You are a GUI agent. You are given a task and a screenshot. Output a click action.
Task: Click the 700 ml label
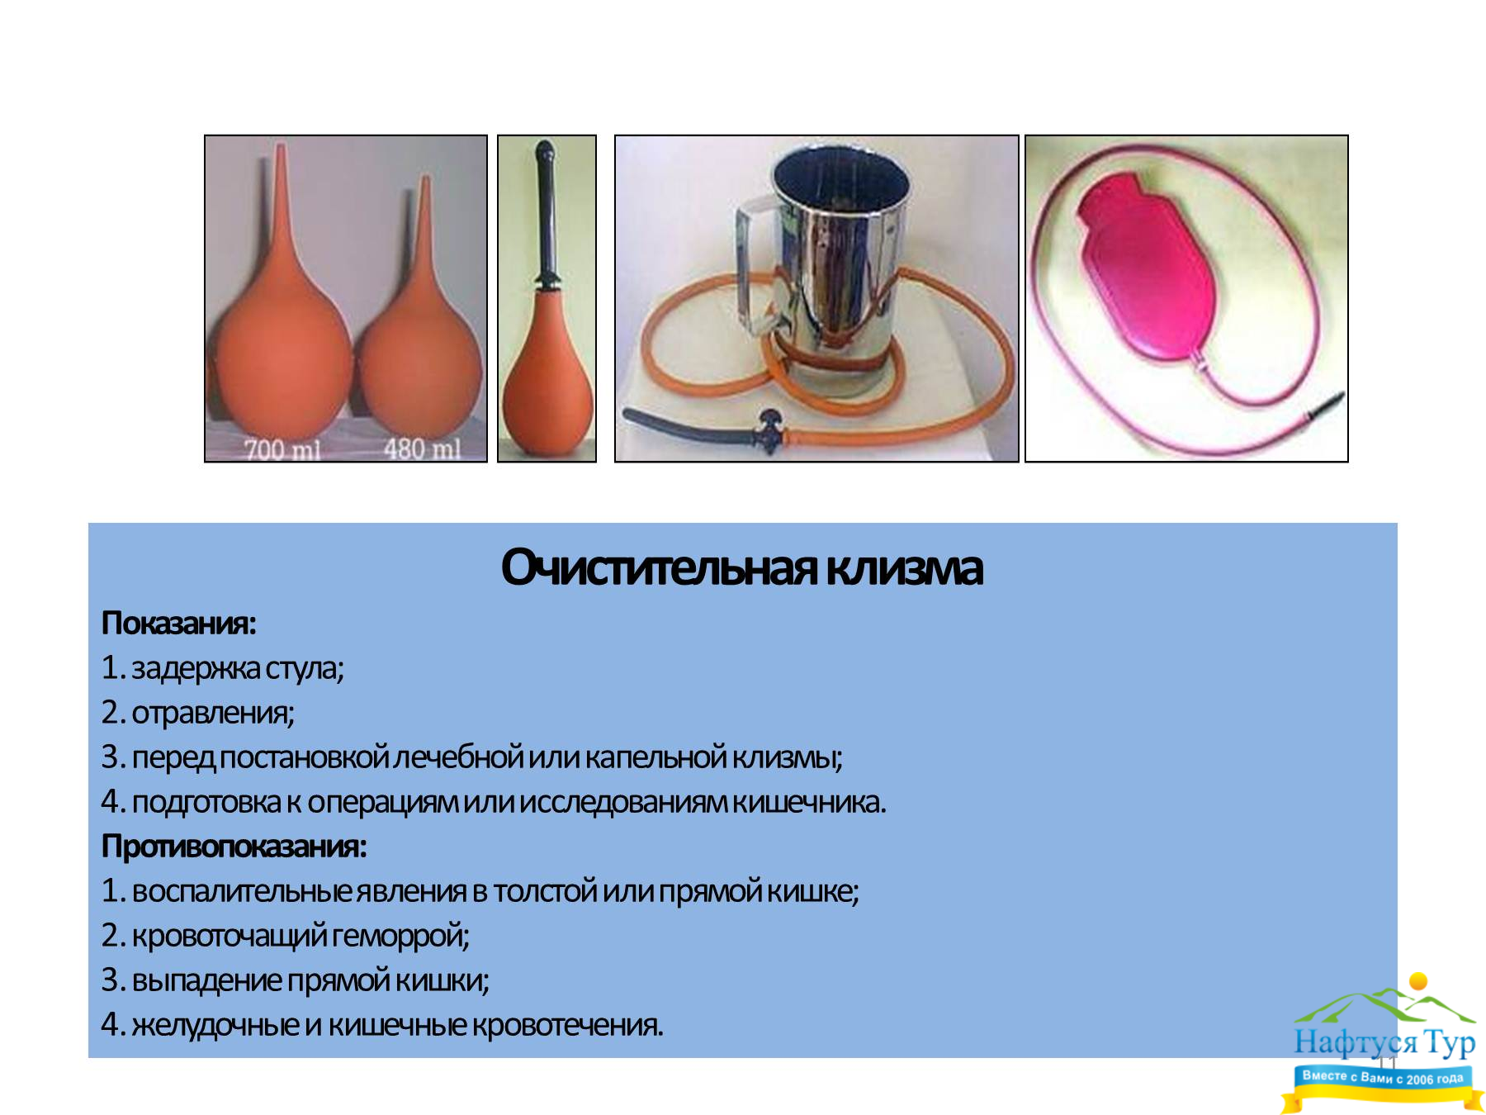[x=282, y=449]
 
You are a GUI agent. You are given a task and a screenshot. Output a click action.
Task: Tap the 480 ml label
[x=422, y=448]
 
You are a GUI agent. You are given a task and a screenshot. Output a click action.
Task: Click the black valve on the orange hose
[x=769, y=429]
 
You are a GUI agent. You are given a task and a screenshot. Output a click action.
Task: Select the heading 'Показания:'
[x=178, y=623]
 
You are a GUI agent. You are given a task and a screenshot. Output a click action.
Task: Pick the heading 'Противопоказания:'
[x=234, y=846]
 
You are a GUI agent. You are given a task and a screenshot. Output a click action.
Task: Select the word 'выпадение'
[x=207, y=980]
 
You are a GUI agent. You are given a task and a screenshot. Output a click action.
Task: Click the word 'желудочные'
[x=215, y=1025]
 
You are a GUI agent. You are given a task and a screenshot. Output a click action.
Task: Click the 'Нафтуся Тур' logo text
[x=1384, y=1042]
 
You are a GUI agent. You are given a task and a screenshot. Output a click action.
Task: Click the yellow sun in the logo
[x=1418, y=981]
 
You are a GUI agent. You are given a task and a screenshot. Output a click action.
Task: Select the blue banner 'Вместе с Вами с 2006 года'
[x=1383, y=1078]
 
